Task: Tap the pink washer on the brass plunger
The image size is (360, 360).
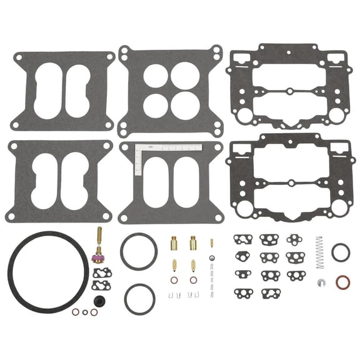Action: tap(97, 257)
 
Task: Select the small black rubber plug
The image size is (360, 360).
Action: tap(94, 312)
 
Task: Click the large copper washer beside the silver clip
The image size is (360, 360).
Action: tap(342, 283)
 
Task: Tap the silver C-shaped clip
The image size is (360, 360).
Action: tap(320, 282)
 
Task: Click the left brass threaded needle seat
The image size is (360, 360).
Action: tap(174, 242)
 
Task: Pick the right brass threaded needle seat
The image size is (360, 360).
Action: tap(192, 242)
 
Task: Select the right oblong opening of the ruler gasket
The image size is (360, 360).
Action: tap(188, 181)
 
